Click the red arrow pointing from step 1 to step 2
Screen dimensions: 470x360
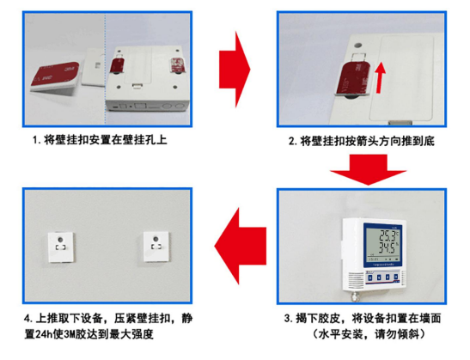[x=235, y=70]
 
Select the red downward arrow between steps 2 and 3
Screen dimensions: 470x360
[x=369, y=169]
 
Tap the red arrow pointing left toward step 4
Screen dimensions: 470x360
[x=241, y=246]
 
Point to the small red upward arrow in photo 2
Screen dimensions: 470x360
[x=381, y=77]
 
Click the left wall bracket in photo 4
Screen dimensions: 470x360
[x=61, y=247]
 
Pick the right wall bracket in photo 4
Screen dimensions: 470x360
[x=156, y=247]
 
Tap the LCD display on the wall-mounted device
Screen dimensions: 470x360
[x=382, y=245]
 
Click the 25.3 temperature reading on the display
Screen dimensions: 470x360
[x=388, y=235]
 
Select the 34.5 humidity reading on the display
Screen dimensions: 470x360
[x=388, y=248]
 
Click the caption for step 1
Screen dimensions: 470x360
[x=100, y=140]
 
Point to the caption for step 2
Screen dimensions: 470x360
[x=362, y=141]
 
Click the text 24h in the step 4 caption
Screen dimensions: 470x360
[x=44, y=334]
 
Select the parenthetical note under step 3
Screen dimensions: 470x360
[x=369, y=333]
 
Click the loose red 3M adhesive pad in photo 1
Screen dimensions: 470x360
[x=56, y=76]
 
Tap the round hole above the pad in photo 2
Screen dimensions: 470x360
[x=357, y=46]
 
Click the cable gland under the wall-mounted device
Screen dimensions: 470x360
[x=356, y=296]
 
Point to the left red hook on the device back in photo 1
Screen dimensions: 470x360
[x=117, y=65]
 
